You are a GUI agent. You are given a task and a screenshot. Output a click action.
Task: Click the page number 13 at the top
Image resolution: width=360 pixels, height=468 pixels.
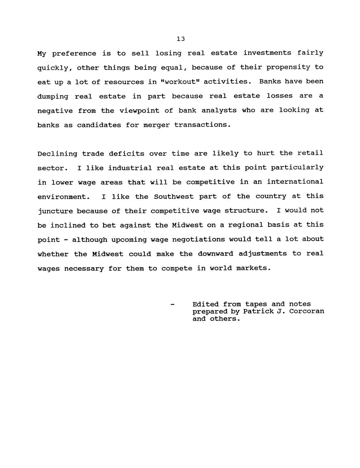pyautogui.click(x=181, y=39)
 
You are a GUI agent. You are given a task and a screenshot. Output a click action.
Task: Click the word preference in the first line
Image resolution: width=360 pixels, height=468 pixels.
pyautogui.click(x=74, y=54)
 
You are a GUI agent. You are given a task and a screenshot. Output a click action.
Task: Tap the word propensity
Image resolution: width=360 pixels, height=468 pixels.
pyautogui.click(x=288, y=67)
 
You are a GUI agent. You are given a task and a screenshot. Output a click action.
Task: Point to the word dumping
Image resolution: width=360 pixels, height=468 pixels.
pyautogui.click(x=53, y=97)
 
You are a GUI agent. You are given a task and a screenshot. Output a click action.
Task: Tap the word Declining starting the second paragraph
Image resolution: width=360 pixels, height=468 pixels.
pyautogui.click(x=57, y=154)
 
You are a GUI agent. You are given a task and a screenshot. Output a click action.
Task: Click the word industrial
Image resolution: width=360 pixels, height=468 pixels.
pyautogui.click(x=130, y=168)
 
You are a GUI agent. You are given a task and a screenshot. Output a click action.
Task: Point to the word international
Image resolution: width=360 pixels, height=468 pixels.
pyautogui.click(x=295, y=182)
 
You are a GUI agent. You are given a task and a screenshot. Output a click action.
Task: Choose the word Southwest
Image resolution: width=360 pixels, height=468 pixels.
pyautogui.click(x=173, y=197)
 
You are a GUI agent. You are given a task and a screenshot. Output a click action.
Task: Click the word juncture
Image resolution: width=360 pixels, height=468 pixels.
pyautogui.click(x=55, y=211)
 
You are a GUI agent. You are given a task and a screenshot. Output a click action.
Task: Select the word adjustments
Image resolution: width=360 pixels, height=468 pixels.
pyautogui.click(x=263, y=254)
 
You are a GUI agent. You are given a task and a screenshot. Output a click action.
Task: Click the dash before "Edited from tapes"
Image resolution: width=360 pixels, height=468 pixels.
pyautogui.click(x=172, y=305)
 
